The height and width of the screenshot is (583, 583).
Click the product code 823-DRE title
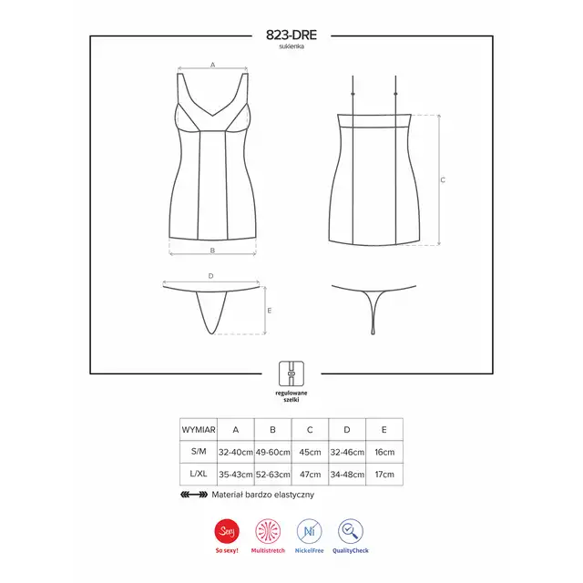pyautogui.click(x=291, y=35)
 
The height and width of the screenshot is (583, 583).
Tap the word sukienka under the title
pyautogui.click(x=291, y=46)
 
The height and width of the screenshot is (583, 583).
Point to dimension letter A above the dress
pyautogui.click(x=212, y=65)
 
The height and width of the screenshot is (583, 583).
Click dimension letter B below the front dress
pyautogui.click(x=212, y=251)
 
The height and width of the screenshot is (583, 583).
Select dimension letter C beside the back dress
pyautogui.click(x=443, y=180)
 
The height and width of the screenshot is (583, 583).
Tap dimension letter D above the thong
pyautogui.click(x=210, y=276)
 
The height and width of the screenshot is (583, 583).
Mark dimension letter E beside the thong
pyautogui.click(x=270, y=311)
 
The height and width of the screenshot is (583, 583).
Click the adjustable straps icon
pyautogui.click(x=291, y=373)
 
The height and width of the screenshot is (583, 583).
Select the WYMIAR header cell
pyautogui.click(x=199, y=430)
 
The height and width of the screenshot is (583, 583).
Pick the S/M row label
pyautogui.click(x=199, y=452)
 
